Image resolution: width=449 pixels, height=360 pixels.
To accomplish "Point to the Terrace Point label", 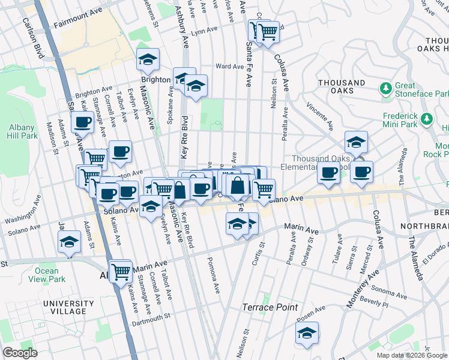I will point(270,307).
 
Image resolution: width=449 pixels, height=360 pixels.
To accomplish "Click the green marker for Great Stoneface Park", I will point(386,89).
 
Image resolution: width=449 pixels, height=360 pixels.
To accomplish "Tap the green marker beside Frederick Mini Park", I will point(427,118).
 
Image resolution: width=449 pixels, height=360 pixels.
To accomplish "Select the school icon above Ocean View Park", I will point(70,242).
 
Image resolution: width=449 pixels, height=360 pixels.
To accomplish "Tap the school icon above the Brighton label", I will point(148,59).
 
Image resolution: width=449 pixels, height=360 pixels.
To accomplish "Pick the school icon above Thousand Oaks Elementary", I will point(356,142).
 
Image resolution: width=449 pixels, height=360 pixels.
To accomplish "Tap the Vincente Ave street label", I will point(319,115).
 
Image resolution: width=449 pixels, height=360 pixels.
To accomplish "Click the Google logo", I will point(20,353).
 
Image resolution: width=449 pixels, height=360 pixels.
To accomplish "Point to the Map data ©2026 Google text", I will point(412,355).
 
